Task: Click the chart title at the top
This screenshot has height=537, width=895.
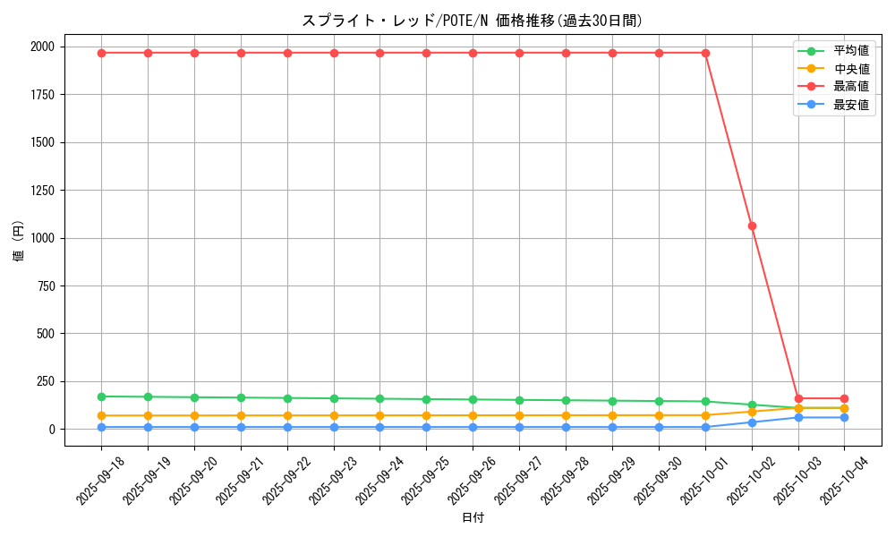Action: point(472,21)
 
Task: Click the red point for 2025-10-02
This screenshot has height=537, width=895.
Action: point(752,226)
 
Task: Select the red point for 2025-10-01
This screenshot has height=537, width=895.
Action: point(705,53)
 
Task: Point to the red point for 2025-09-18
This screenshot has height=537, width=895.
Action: point(101,53)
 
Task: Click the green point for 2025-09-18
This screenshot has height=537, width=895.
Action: point(101,396)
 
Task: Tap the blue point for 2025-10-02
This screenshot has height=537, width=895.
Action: point(752,422)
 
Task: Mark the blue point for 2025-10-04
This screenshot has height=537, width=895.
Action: point(844,417)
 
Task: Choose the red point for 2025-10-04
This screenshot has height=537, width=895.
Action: point(844,398)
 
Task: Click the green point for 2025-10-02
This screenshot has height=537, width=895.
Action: point(752,405)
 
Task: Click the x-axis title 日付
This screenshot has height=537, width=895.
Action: point(473,518)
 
